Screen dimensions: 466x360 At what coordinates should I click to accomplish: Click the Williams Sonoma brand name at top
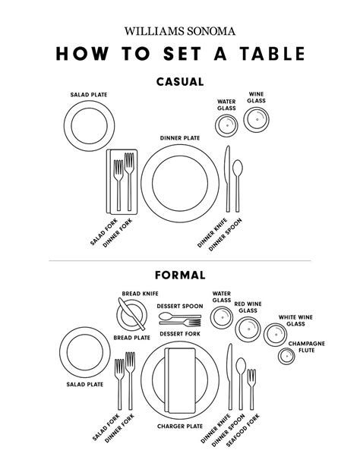(x=179, y=31)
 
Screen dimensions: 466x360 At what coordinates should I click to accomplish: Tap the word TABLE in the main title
(x=266, y=55)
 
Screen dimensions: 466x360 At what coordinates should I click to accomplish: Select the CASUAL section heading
(x=179, y=82)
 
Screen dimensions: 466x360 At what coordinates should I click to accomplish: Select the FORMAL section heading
(x=179, y=275)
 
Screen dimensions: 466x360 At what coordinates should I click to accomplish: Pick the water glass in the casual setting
(x=226, y=126)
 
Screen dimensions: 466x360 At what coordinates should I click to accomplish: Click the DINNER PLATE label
(x=179, y=138)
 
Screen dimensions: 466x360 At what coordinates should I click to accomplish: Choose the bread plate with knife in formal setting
(x=128, y=313)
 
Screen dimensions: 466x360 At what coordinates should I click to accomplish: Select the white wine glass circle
(x=274, y=334)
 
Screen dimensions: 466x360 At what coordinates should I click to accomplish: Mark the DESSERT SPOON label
(x=179, y=306)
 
